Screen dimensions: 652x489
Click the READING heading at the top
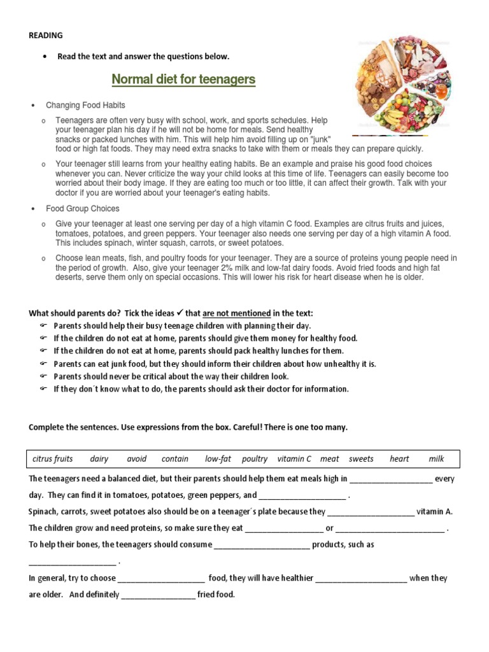coord(45,35)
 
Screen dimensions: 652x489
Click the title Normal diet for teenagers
coord(183,79)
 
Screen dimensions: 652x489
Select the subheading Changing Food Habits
coord(85,105)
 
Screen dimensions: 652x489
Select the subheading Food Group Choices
coord(82,208)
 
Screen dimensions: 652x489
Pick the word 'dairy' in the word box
coord(99,458)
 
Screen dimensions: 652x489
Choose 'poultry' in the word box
coord(255,458)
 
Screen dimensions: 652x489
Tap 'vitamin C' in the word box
coord(294,458)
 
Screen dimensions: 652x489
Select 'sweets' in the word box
coord(362,458)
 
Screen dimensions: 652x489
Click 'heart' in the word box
coord(399,458)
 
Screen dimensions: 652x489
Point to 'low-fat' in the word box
coord(218,458)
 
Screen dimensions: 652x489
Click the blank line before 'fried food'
coord(158,595)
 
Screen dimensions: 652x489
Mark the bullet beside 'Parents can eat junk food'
coord(43,364)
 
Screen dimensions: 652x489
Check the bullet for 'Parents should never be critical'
coord(43,377)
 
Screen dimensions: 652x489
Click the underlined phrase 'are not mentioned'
coord(236,313)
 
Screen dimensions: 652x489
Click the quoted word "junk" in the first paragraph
coord(320,139)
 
